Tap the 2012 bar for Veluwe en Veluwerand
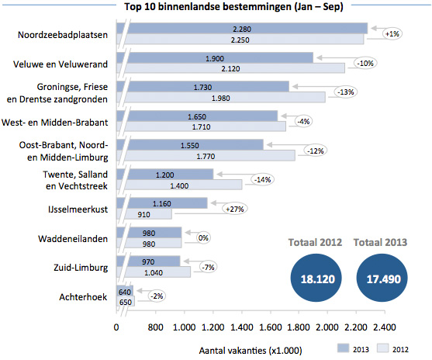point(233,68)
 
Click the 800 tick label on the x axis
point(154,327)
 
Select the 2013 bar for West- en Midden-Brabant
point(202,116)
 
